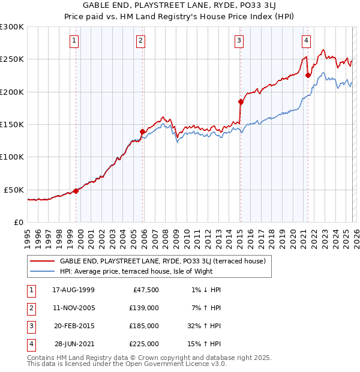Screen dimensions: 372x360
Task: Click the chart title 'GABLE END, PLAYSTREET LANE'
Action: (x=180, y=7)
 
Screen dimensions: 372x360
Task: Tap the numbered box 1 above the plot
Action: (x=74, y=41)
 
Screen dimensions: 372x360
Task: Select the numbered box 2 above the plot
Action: (x=140, y=41)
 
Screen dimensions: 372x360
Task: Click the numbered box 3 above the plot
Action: (x=239, y=41)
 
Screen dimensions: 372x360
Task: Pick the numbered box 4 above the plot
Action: (x=306, y=41)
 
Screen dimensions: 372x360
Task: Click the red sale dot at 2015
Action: (x=241, y=101)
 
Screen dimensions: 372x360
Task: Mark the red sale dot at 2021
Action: (x=308, y=76)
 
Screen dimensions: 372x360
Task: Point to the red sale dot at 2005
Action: (x=142, y=131)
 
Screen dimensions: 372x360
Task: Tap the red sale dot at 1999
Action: (x=76, y=191)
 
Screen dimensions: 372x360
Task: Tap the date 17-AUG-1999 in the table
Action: (x=73, y=290)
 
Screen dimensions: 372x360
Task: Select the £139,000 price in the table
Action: (x=144, y=308)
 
